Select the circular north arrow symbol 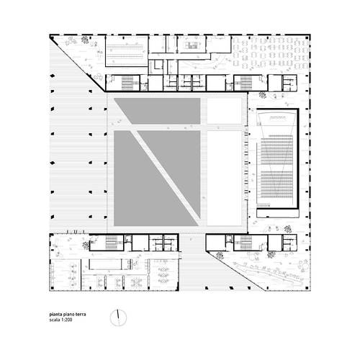tap(118, 318)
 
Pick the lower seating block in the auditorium tap(276, 184)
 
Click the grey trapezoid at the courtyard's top tap(161, 111)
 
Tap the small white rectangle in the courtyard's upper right tap(225, 111)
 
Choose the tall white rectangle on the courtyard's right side tap(225, 179)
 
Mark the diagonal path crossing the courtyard tap(166, 175)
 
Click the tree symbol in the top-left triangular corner tap(85, 40)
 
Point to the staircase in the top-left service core tap(127, 83)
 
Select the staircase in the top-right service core tap(246, 83)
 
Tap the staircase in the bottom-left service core tap(111, 243)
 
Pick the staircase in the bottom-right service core tap(246, 243)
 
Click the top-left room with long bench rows tap(127, 51)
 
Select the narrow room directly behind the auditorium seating tap(278, 213)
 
